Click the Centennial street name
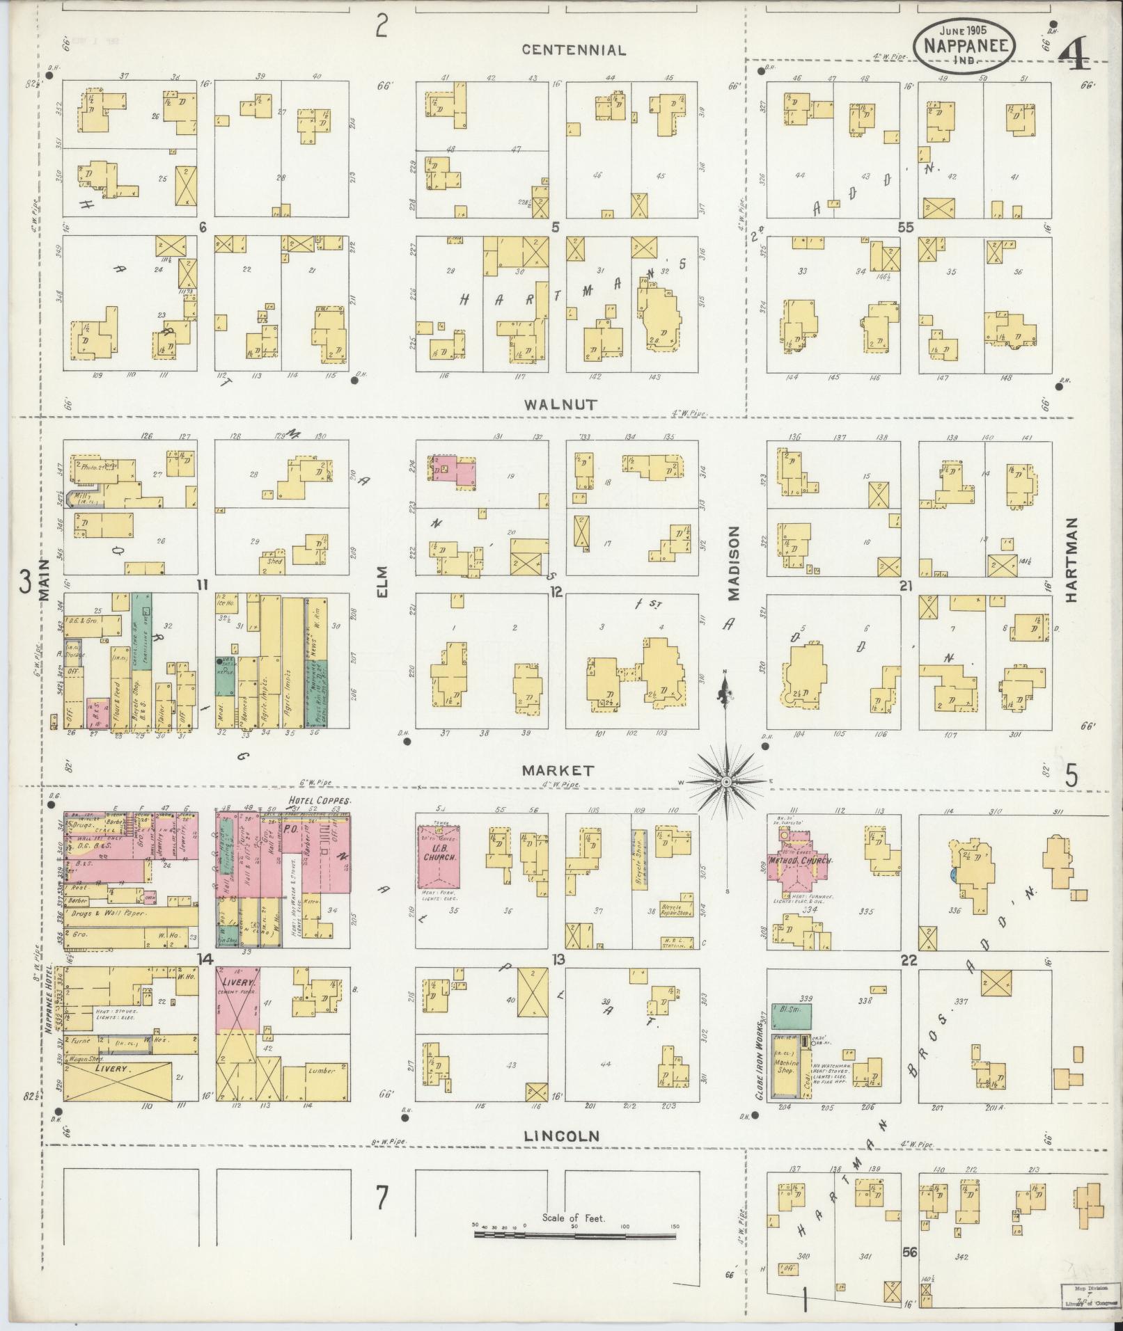(574, 50)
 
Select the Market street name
(558, 770)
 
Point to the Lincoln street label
(561, 1135)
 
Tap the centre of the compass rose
(725, 782)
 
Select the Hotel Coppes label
(319, 801)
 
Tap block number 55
(905, 228)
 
